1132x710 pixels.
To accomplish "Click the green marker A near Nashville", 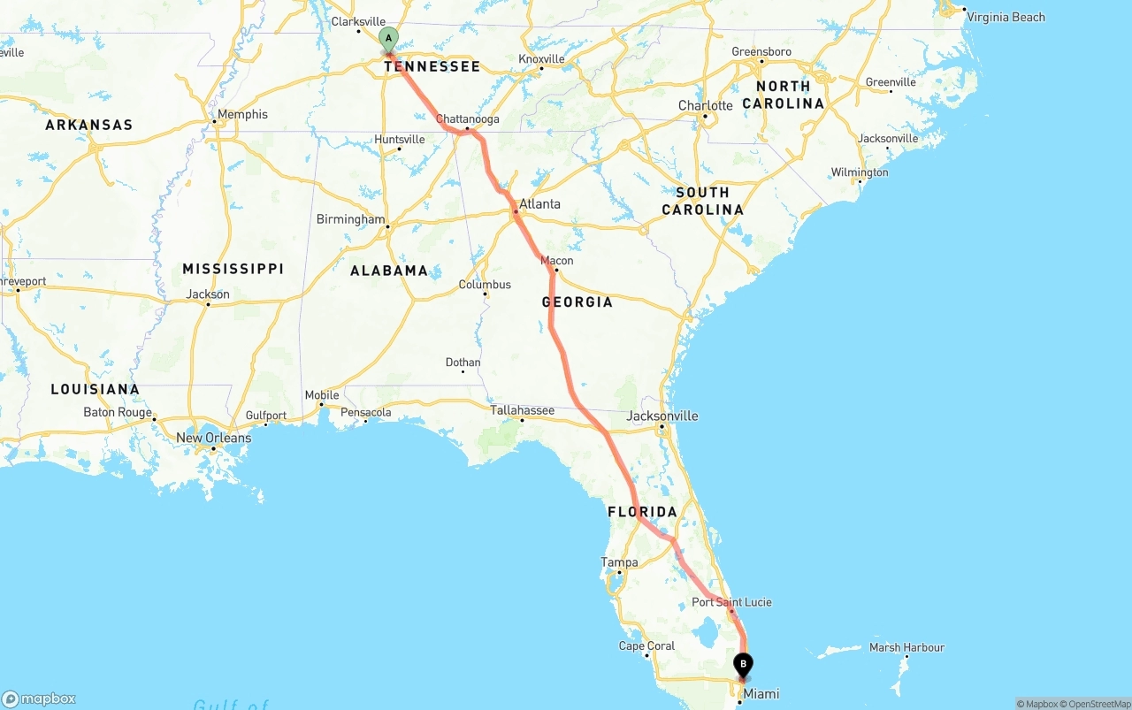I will point(388,39).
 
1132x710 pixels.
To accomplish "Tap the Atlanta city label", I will point(539,204).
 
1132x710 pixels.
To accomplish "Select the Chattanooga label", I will point(468,119).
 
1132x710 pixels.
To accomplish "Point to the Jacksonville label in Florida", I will point(662,416).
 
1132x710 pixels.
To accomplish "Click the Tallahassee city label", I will point(523,410).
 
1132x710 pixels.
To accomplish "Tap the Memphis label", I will point(242,114).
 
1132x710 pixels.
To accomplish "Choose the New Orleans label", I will point(214,438).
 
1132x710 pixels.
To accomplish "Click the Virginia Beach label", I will point(1006,17).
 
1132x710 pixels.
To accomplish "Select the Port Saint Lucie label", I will point(731,602).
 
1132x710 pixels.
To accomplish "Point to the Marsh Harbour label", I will point(906,648).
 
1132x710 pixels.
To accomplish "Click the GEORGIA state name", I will point(577,302).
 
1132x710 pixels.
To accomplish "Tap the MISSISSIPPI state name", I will point(233,269).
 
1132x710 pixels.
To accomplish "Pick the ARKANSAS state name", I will point(89,125).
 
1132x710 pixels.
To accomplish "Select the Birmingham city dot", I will point(388,226).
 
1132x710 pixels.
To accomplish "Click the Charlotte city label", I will point(705,106).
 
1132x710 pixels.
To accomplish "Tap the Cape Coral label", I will point(646,646).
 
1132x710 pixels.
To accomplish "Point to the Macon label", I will point(557,261).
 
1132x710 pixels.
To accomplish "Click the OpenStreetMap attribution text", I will point(1098,704).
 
